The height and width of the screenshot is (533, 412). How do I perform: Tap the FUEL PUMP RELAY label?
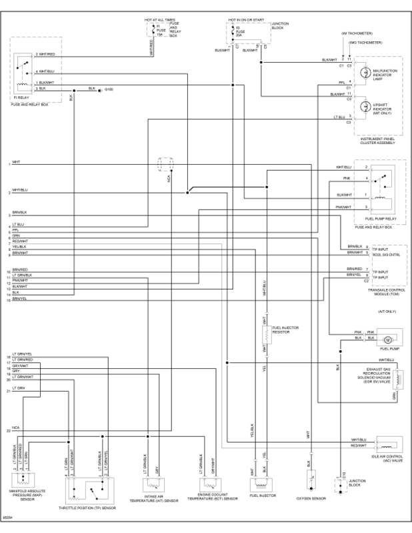[x=381, y=219]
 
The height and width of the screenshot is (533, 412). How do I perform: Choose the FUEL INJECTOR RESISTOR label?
[x=285, y=330]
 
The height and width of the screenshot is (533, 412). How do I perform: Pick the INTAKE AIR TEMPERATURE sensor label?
[x=153, y=498]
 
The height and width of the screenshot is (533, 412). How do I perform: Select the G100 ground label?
[x=109, y=89]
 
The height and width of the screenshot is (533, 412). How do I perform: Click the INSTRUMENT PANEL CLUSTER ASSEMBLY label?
[x=379, y=141]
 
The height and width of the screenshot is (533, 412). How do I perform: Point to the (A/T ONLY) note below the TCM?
[x=387, y=311]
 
